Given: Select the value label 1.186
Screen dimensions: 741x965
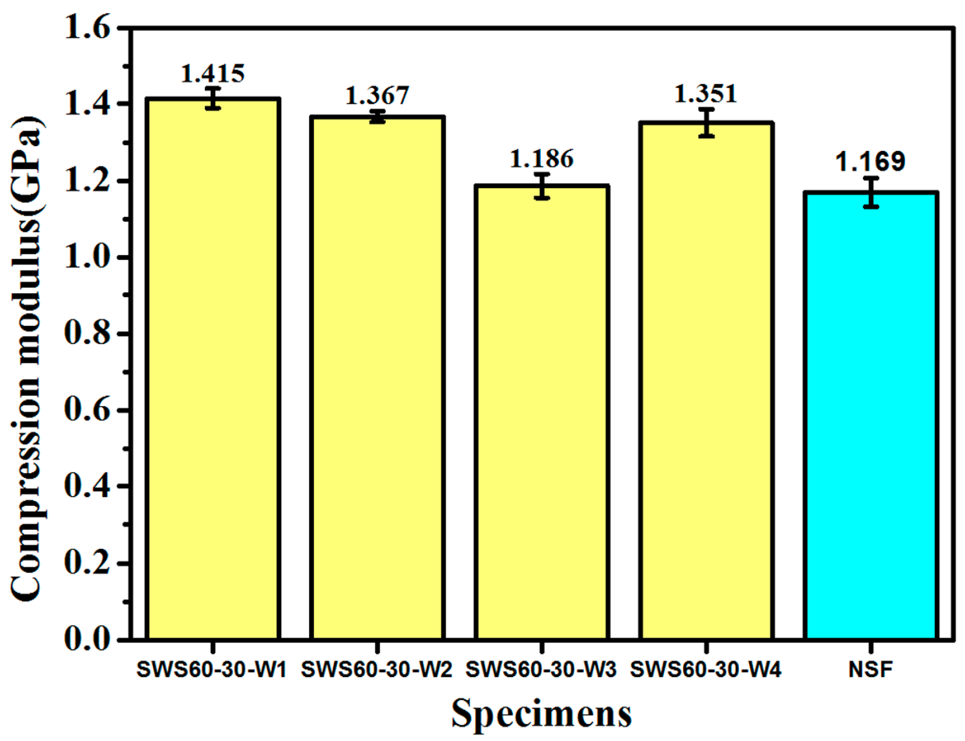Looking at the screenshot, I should tap(542, 159).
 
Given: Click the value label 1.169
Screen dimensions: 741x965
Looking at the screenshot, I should tap(871, 162).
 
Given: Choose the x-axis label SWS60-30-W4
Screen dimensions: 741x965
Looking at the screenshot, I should tap(706, 670).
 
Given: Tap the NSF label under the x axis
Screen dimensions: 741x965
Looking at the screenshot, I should tap(871, 670).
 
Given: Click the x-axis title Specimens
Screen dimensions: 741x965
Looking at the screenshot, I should tap(542, 713).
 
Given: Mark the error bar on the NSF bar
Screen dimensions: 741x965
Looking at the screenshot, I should tap(871, 192).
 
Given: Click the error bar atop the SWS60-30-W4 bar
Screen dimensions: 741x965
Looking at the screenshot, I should tap(706, 123).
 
